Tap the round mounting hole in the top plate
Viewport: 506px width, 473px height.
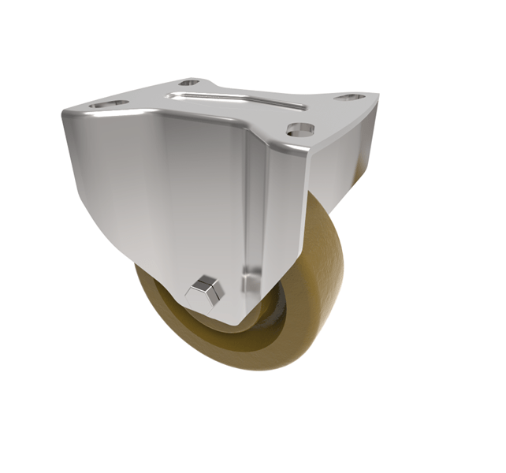point(301,129)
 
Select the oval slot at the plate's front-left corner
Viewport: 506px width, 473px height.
point(108,103)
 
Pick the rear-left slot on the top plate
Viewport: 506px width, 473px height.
point(189,82)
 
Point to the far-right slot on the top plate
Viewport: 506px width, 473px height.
point(349,97)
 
